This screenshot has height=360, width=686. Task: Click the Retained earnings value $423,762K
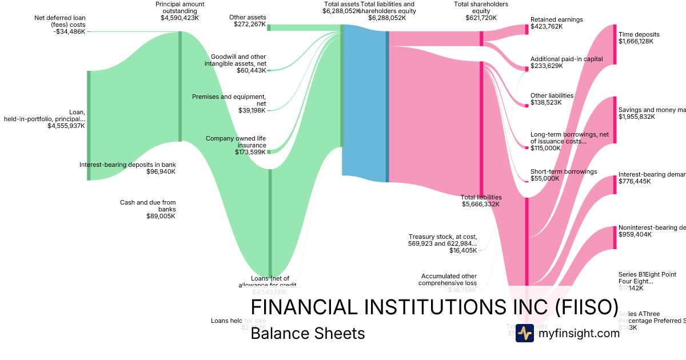tap(547, 26)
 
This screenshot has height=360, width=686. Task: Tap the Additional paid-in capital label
tap(567, 59)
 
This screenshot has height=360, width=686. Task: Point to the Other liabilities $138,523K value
tap(546, 102)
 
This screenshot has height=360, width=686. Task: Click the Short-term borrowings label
tap(564, 171)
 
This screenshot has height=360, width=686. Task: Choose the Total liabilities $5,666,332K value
tap(481, 204)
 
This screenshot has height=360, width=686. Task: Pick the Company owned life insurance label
tap(236, 142)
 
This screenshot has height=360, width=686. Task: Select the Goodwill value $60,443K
tap(252, 70)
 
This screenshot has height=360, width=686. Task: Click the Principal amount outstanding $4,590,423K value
tap(180, 18)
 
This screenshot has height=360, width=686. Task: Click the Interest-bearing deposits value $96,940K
tap(161, 171)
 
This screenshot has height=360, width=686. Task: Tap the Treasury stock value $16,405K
tap(462, 250)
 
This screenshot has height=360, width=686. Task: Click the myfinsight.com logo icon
tap(525, 333)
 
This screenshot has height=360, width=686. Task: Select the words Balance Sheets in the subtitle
tap(308, 333)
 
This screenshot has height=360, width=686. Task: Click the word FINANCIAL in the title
tap(304, 307)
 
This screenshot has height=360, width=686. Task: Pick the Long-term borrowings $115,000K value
tap(545, 148)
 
